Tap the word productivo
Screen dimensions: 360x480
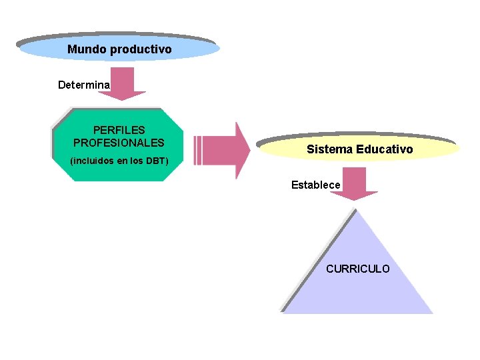141,49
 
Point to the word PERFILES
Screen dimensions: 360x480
119,130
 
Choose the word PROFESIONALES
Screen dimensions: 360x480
119,143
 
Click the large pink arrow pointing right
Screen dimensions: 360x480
227,150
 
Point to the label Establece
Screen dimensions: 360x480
315,185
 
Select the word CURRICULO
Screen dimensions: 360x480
358,269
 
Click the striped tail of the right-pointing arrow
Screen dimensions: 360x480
197,150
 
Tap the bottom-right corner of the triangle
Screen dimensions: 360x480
430,311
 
